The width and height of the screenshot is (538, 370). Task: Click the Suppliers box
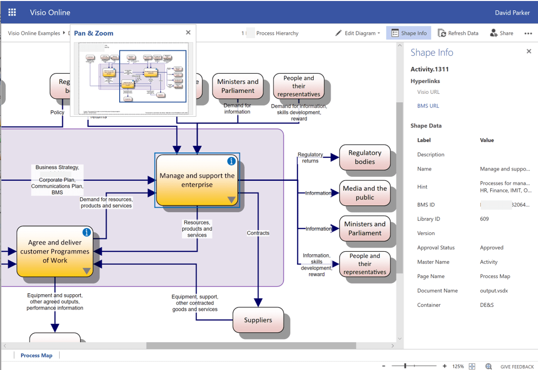258,320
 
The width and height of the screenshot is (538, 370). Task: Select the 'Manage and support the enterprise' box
197,180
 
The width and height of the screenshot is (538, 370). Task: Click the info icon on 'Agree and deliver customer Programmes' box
86,232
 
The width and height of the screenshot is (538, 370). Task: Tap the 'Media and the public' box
365,193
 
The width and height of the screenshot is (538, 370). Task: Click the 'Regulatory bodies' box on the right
365,157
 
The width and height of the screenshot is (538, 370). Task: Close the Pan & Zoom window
188,33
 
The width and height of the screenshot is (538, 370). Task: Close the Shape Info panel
529,51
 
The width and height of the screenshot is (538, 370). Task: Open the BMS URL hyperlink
428,106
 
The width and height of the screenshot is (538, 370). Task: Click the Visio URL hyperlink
428,92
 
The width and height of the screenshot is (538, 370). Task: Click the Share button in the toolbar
501,33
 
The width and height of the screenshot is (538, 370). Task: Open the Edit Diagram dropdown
358,33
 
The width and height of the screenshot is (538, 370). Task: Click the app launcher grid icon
12,12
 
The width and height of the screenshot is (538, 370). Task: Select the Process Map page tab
36,355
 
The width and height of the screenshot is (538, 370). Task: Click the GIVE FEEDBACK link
517,367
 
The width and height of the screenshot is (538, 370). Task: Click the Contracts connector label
258,233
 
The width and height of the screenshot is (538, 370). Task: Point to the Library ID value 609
484,219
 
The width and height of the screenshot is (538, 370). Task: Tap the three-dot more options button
528,33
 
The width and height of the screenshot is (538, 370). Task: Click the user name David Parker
512,13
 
